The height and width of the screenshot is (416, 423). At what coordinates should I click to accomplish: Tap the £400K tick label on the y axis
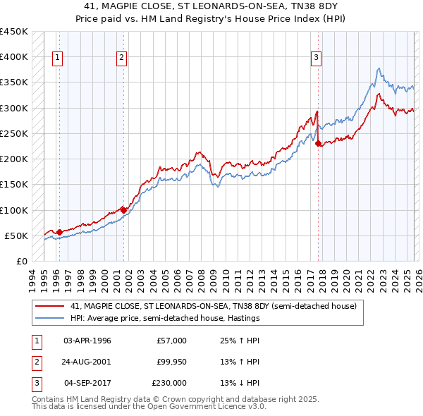point(14,57)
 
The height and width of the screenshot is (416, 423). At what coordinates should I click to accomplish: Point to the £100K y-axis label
point(14,210)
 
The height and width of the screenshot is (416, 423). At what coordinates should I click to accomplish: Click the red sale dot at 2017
point(318,144)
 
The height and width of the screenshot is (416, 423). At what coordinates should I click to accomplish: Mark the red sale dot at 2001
point(123,210)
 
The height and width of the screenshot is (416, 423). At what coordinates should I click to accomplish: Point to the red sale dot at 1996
point(59,232)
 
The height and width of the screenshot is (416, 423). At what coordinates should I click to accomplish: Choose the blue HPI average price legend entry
point(165,318)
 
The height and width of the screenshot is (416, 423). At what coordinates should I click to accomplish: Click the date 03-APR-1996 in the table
point(87,340)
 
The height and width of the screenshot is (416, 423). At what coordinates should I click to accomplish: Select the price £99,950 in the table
point(171,362)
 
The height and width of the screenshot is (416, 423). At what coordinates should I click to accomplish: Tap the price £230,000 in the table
point(169,384)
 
